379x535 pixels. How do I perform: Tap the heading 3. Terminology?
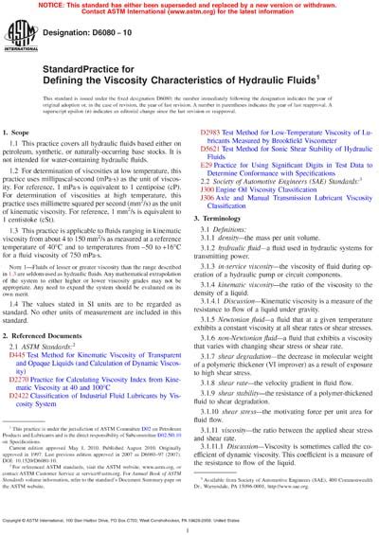click(224, 244)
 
